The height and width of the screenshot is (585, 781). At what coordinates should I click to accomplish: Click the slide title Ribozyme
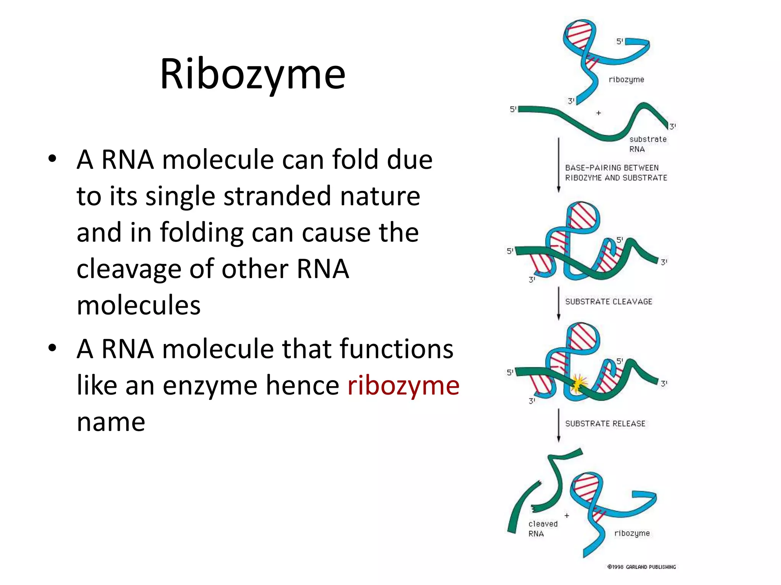[x=252, y=74]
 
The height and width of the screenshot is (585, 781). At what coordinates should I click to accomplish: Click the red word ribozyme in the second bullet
[x=403, y=386]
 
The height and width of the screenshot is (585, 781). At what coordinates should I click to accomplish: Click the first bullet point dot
[x=52, y=159]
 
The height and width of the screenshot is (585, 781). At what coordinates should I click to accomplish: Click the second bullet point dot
[x=52, y=348]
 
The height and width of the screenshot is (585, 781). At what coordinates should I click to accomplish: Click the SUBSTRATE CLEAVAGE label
[x=609, y=302]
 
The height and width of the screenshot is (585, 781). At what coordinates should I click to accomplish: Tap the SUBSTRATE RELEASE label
[x=605, y=424]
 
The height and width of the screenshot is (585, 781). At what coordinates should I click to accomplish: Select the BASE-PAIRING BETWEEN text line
[x=612, y=168]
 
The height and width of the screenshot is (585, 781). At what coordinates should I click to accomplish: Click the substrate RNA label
[x=647, y=144]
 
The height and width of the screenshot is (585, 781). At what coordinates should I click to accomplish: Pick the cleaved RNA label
[x=543, y=529]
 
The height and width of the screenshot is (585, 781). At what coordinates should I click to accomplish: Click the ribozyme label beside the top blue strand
[x=626, y=80]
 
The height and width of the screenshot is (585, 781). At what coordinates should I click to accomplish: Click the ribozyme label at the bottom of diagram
[x=632, y=533]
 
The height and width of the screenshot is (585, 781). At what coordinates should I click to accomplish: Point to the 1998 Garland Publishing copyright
[x=641, y=567]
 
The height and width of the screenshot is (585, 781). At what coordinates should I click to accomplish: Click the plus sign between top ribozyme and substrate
[x=599, y=113]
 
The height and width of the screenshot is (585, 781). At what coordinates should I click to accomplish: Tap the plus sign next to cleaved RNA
[x=567, y=516]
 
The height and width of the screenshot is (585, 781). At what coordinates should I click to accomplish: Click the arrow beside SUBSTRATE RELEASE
[x=559, y=425]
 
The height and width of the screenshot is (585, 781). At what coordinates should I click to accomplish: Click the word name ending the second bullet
[x=111, y=422]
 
